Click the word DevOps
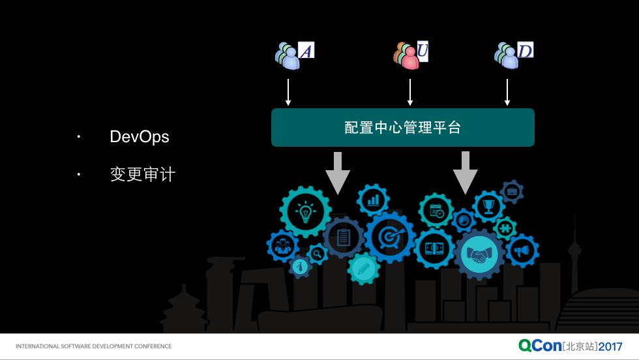[140, 137]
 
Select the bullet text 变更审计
[143, 174]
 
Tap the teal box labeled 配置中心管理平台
[403, 127]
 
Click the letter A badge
[306, 50]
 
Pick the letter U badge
[423, 51]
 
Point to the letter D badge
[525, 50]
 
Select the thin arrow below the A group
[288, 92]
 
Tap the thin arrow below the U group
[410, 92]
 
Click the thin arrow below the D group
[507, 92]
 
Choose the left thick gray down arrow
[338, 173]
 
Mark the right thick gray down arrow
[465, 173]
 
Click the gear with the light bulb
[306, 212]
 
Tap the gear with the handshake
[479, 254]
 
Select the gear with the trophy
[488, 206]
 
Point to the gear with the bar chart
[373, 200]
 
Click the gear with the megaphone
[522, 250]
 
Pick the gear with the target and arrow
[390, 237]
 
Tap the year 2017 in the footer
[610, 346]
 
